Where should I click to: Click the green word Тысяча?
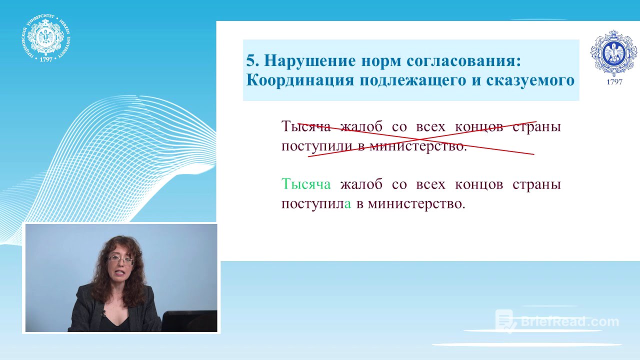[x=306, y=184]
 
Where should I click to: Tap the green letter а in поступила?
[x=348, y=204]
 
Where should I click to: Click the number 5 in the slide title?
[x=251, y=60]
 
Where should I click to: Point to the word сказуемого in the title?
[x=530, y=80]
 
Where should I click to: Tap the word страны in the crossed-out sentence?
[x=536, y=126]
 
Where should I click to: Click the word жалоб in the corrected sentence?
[x=361, y=184]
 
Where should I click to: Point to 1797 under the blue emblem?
[x=614, y=82]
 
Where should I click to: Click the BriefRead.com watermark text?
[x=570, y=321]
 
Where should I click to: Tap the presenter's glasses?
[x=121, y=260]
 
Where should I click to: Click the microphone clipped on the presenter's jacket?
[x=104, y=313]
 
